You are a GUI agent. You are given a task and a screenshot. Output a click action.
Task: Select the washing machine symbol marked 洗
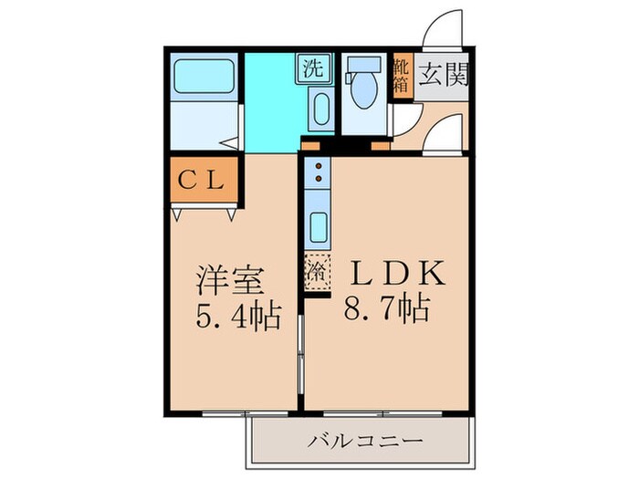point(313,67)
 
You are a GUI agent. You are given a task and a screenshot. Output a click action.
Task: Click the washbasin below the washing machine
point(320,110)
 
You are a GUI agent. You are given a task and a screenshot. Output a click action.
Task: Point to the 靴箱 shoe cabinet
point(400,76)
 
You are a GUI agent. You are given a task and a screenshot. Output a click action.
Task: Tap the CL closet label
point(203,180)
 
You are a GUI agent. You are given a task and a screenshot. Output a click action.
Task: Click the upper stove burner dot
point(318,167)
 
